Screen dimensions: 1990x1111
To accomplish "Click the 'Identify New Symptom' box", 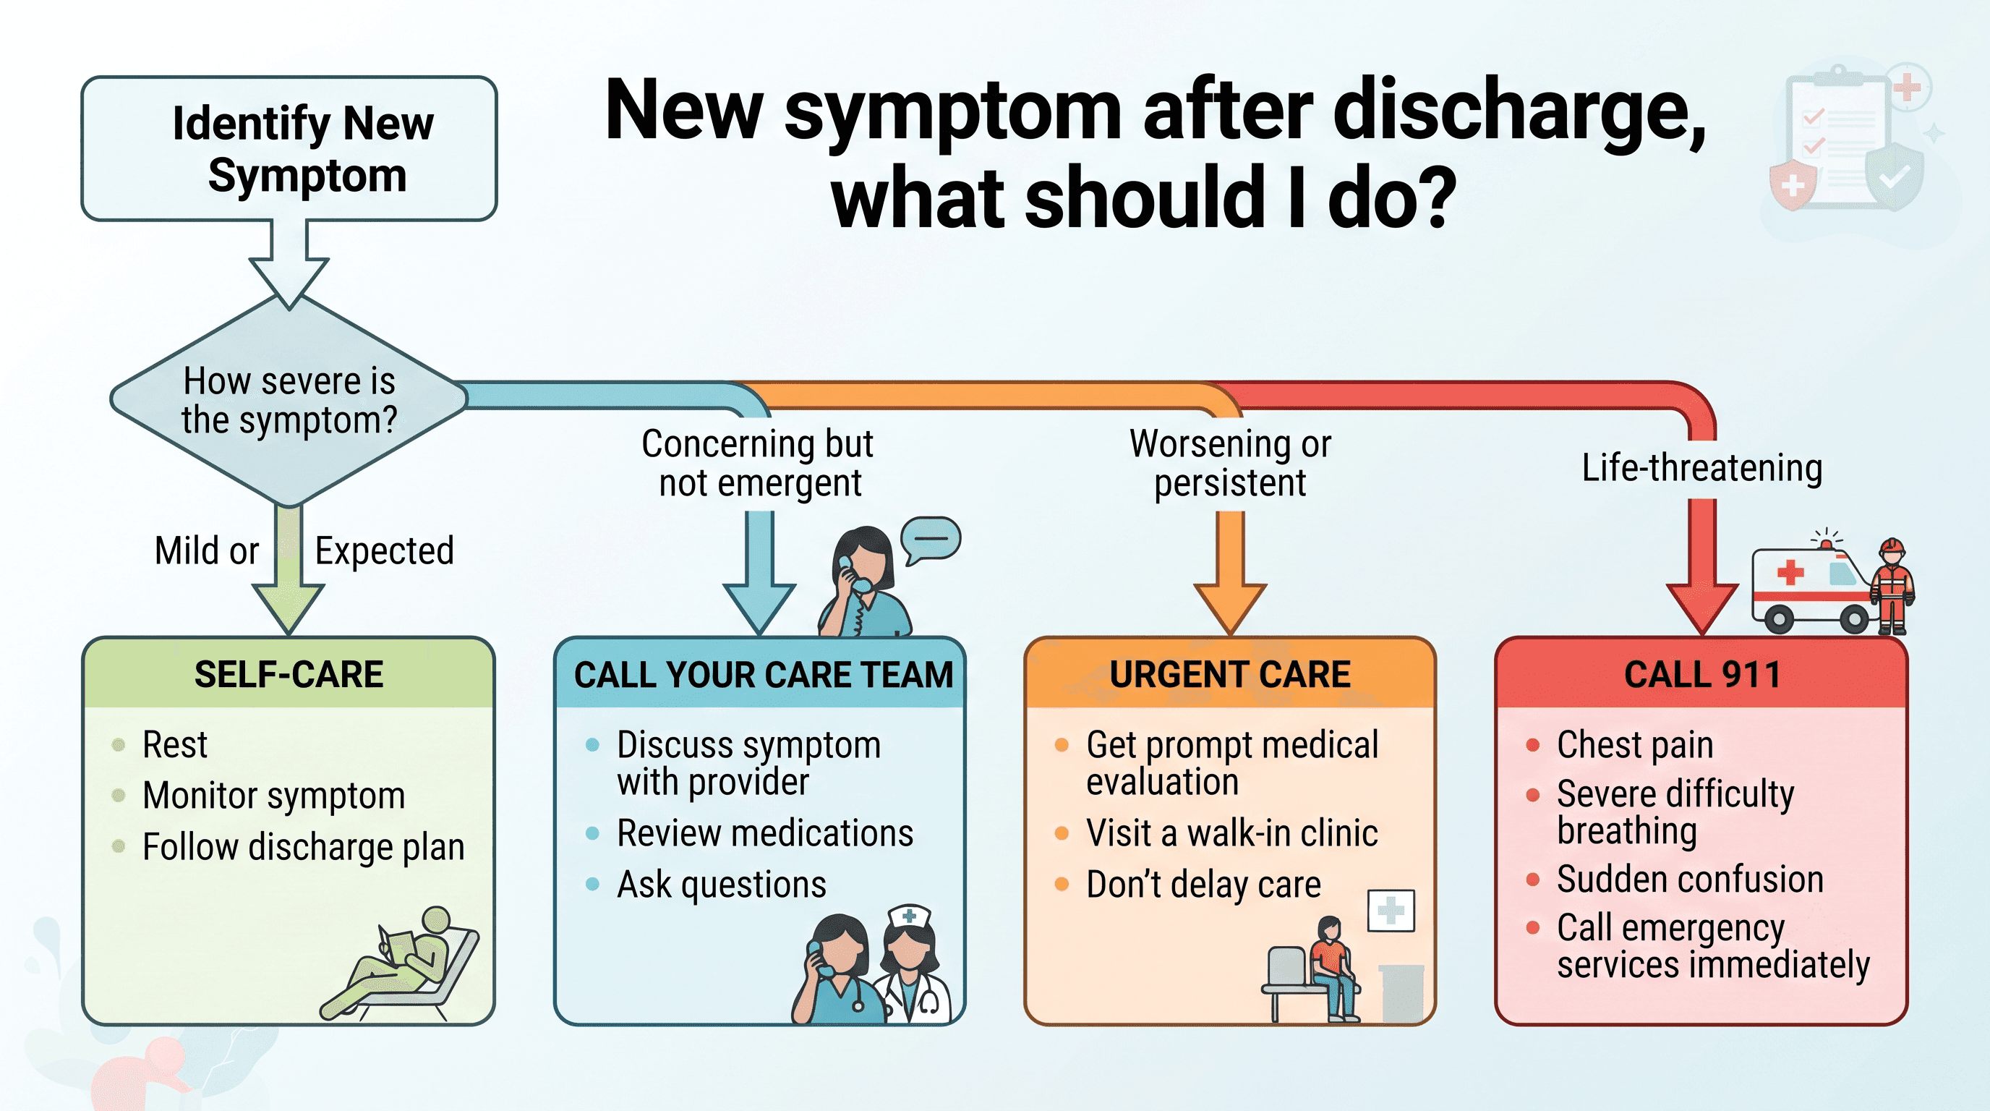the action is click(289, 148).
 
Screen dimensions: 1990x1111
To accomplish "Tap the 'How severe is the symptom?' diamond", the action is click(289, 400).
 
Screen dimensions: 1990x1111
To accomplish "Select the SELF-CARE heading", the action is click(289, 674).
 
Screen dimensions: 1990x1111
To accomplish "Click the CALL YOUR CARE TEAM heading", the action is click(764, 674).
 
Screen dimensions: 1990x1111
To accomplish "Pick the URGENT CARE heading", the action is click(1230, 674).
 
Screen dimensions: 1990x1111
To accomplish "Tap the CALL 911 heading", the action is click(1702, 674).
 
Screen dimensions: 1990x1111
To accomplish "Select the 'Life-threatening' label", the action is click(1702, 467).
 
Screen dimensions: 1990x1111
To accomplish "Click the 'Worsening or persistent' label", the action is click(1230, 463).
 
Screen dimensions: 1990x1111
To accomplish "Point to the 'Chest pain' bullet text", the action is click(1636, 745).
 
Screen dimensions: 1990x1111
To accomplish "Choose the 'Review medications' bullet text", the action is click(765, 833).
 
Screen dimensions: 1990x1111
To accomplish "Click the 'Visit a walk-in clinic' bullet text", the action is click(1232, 833).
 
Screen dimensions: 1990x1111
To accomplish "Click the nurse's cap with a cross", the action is click(909, 916).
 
